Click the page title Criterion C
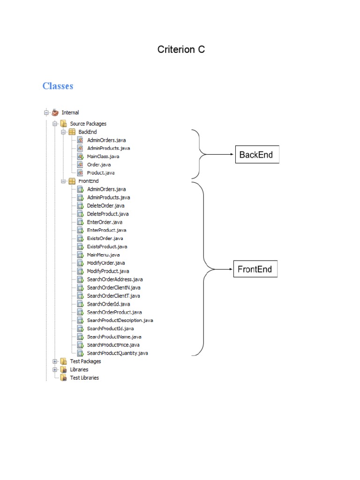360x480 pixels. (x=181, y=49)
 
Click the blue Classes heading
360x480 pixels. (x=58, y=86)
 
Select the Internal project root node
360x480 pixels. (x=70, y=112)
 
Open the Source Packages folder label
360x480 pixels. (x=88, y=124)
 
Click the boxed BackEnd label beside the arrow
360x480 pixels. (x=256, y=155)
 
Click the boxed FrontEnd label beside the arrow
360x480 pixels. (x=255, y=270)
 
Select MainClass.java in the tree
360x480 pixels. (x=103, y=157)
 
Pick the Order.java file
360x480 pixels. (x=98, y=165)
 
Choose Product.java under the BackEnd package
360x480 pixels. (x=101, y=173)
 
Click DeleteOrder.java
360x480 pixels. (x=105, y=206)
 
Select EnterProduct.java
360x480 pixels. (x=106, y=230)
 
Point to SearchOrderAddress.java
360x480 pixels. (x=114, y=279)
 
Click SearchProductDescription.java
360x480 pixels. (x=120, y=320)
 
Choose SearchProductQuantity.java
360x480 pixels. (x=117, y=353)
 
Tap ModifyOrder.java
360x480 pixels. (x=106, y=263)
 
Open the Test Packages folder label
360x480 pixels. (x=85, y=361)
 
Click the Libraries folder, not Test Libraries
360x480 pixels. (x=79, y=369)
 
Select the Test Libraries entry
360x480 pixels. (x=84, y=378)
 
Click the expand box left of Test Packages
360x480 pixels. (x=55, y=361)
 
